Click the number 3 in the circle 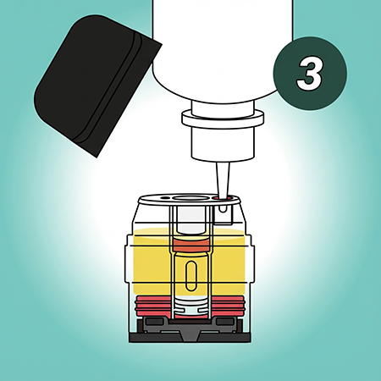pyautogui.click(x=310, y=73)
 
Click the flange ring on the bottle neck pyautogui.click(x=223, y=118)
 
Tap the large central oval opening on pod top pyautogui.click(x=189, y=198)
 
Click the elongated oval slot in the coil pyautogui.click(x=191, y=275)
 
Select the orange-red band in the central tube pyautogui.click(x=191, y=245)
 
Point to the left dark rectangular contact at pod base pyautogui.click(x=154, y=322)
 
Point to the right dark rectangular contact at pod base pyautogui.click(x=225, y=322)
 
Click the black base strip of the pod pyautogui.click(x=190, y=337)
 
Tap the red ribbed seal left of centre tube pyautogui.click(x=153, y=306)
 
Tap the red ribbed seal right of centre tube pyautogui.click(x=227, y=306)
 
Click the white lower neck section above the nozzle pyautogui.click(x=223, y=144)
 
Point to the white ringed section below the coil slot pyautogui.click(x=191, y=307)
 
